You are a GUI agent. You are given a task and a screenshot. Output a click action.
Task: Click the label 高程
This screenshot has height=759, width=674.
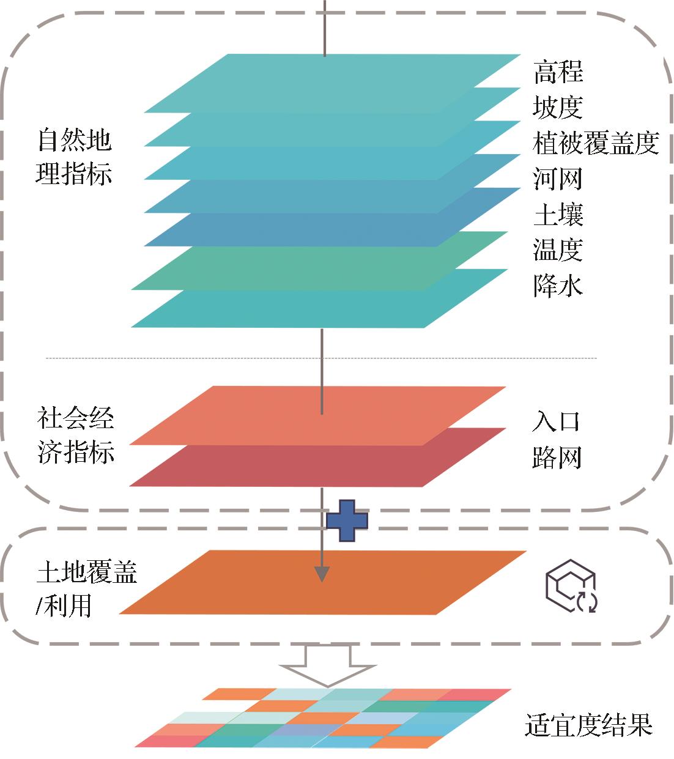tap(558, 72)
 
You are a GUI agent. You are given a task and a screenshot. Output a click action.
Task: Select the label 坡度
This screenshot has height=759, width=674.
tap(557, 108)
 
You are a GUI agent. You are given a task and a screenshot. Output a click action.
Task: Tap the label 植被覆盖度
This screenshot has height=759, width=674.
tap(595, 144)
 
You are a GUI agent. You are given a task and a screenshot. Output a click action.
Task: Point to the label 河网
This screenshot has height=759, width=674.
tap(557, 179)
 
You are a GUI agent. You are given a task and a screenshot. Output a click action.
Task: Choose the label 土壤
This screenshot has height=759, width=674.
tap(558, 215)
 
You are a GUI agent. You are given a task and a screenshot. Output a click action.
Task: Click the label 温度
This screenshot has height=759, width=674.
tap(557, 250)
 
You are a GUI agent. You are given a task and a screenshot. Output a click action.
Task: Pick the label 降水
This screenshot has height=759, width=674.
tap(557, 286)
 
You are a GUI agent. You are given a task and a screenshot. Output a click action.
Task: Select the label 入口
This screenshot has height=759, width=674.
tap(555, 422)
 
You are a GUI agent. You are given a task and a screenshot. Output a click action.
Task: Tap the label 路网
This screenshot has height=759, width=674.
tap(556, 457)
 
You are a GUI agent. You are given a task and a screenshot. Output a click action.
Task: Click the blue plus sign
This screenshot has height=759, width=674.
tap(347, 520)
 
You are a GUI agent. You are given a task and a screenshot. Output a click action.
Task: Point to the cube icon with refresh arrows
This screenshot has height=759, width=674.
tap(571, 584)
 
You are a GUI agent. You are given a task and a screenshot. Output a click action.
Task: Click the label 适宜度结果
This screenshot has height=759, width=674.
tap(588, 725)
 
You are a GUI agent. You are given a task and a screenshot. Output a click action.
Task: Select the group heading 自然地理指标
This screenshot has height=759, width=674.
tap(74, 157)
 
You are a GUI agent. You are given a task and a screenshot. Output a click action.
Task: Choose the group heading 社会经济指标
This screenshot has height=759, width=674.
tap(75, 436)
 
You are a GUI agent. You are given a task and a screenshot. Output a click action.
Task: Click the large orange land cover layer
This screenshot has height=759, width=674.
tap(391, 584)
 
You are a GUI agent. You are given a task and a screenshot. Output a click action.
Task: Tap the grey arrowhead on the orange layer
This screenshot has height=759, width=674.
tap(322, 574)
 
